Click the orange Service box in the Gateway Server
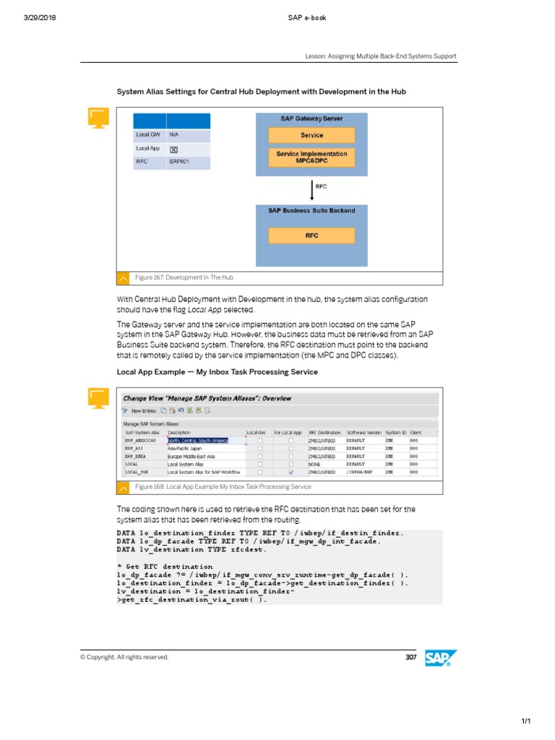(311, 135)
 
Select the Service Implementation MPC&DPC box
(311, 158)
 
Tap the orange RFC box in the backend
(311, 236)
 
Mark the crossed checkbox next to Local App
(173, 149)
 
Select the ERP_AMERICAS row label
(140, 439)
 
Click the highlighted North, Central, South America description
(198, 439)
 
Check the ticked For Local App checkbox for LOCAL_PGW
(291, 472)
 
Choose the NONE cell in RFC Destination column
(315, 464)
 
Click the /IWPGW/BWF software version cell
(361, 472)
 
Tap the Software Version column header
(363, 432)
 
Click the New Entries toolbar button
(140, 410)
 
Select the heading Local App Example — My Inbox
(217, 372)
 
